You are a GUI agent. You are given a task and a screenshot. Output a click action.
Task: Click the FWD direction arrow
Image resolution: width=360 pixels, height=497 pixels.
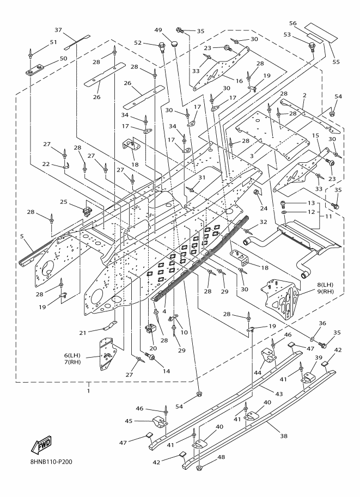41,444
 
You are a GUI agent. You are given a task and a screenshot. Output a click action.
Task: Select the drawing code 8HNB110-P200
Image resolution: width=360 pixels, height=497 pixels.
51,462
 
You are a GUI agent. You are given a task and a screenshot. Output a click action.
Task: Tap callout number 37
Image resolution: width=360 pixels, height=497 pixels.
58,30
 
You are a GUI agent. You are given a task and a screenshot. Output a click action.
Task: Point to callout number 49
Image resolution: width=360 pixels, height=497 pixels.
158,30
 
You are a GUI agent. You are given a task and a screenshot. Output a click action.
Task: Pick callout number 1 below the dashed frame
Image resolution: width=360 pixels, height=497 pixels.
88,391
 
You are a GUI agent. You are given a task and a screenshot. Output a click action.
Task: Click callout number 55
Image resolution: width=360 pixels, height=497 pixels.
336,62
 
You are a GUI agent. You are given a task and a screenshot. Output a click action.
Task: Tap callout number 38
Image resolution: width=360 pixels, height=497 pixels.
284,436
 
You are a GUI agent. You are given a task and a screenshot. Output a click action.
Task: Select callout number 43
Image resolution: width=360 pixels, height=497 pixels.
279,394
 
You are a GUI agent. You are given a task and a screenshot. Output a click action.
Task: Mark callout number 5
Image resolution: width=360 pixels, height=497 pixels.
22,236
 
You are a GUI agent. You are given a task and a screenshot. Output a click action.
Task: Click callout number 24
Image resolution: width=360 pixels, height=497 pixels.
264,208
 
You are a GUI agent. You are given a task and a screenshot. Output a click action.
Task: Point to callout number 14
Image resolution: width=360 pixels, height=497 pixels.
166,371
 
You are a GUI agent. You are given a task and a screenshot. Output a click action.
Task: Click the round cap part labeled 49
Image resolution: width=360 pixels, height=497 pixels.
174,43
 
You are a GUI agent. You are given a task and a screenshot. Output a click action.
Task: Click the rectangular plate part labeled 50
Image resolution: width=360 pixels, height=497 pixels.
34,71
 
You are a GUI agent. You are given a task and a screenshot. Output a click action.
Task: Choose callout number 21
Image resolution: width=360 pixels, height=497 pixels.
83,333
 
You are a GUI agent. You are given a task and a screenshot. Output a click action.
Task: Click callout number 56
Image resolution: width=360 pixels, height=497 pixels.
293,23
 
